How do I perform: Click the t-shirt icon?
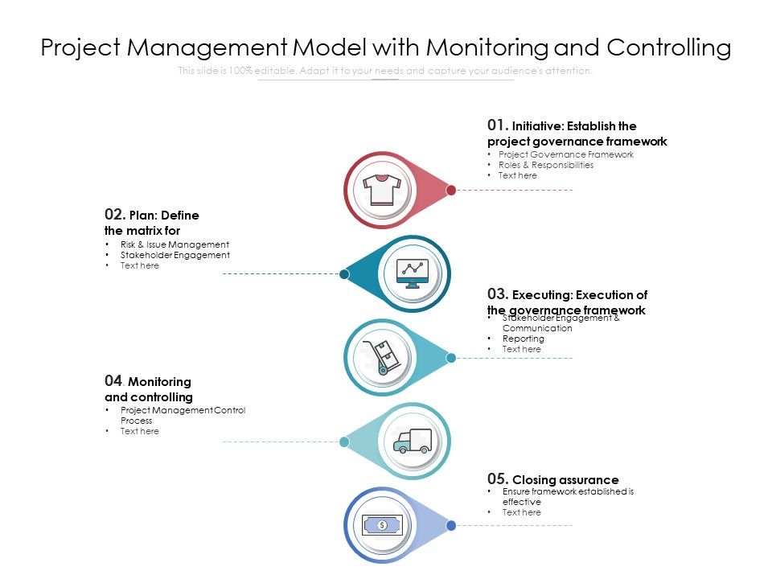click(382, 190)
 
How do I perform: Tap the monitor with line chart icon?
click(413, 273)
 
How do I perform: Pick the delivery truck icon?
click(413, 441)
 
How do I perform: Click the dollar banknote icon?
click(382, 525)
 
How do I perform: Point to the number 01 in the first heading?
click(497, 125)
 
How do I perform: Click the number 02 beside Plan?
click(114, 215)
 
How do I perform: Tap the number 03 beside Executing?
click(497, 294)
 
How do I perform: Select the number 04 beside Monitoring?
click(114, 380)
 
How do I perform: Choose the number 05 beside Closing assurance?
click(497, 479)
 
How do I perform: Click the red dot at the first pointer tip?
click(451, 190)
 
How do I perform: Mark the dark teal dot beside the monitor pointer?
click(344, 273)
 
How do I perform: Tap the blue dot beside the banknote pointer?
click(451, 525)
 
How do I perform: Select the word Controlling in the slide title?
click(669, 48)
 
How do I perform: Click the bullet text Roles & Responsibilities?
click(545, 165)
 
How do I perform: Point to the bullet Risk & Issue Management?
click(175, 244)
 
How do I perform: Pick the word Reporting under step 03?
click(523, 339)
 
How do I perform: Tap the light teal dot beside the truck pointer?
click(344, 441)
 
